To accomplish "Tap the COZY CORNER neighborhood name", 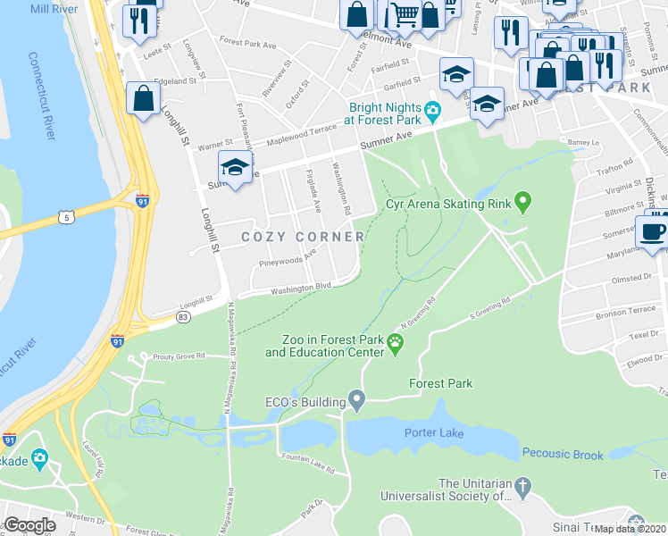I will click(304, 237).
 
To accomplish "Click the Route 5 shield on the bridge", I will click(65, 216).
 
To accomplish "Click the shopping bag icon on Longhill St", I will click(143, 98).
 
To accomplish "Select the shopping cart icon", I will click(405, 13).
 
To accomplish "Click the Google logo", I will click(29, 525).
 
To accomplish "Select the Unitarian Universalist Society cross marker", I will click(523, 488).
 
